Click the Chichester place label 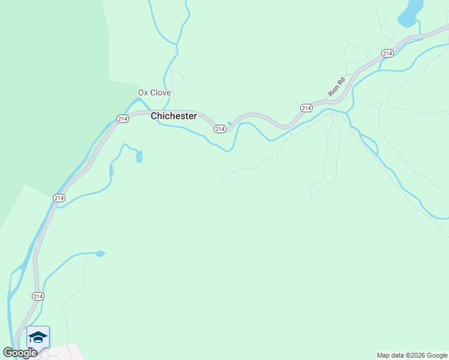tap(173, 116)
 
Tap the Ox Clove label tap(154, 92)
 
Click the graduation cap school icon tap(38, 337)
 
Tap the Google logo tap(20, 353)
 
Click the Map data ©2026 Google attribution tap(412, 355)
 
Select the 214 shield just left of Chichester tap(122, 119)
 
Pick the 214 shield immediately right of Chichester tap(220, 129)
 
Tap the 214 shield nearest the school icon tap(38, 296)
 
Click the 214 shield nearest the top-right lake tap(387, 53)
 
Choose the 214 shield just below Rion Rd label tap(306, 108)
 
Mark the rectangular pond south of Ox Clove tap(139, 157)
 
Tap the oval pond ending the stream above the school tap(100, 254)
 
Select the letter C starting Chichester tap(154, 116)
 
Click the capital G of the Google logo tap(8, 353)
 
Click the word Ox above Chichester tap(143, 92)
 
